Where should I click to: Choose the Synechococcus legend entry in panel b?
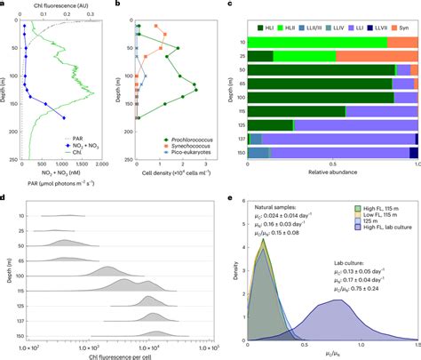(x=176, y=145)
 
